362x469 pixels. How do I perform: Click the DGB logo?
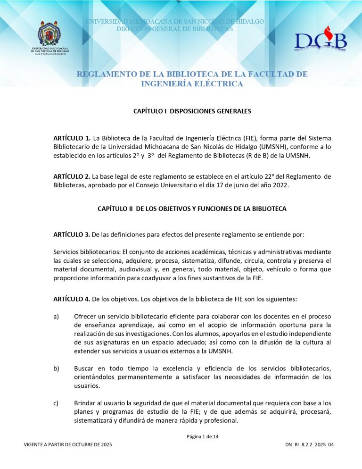(321, 42)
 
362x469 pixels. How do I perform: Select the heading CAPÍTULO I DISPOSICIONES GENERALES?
(192, 111)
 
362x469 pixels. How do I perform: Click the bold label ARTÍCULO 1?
(72, 138)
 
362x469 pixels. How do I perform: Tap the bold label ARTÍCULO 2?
(72, 177)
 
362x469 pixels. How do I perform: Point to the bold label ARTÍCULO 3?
(72, 234)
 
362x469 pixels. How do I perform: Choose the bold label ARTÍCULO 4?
(72, 299)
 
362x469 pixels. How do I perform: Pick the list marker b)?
(57, 368)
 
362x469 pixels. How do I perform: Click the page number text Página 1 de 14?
(203, 436)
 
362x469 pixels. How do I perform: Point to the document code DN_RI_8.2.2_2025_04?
(310, 445)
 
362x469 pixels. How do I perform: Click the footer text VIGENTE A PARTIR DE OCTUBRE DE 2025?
(68, 445)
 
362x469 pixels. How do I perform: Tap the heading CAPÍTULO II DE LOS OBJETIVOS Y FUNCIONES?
(192, 209)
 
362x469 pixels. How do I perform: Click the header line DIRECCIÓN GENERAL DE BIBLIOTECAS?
(174, 29)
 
